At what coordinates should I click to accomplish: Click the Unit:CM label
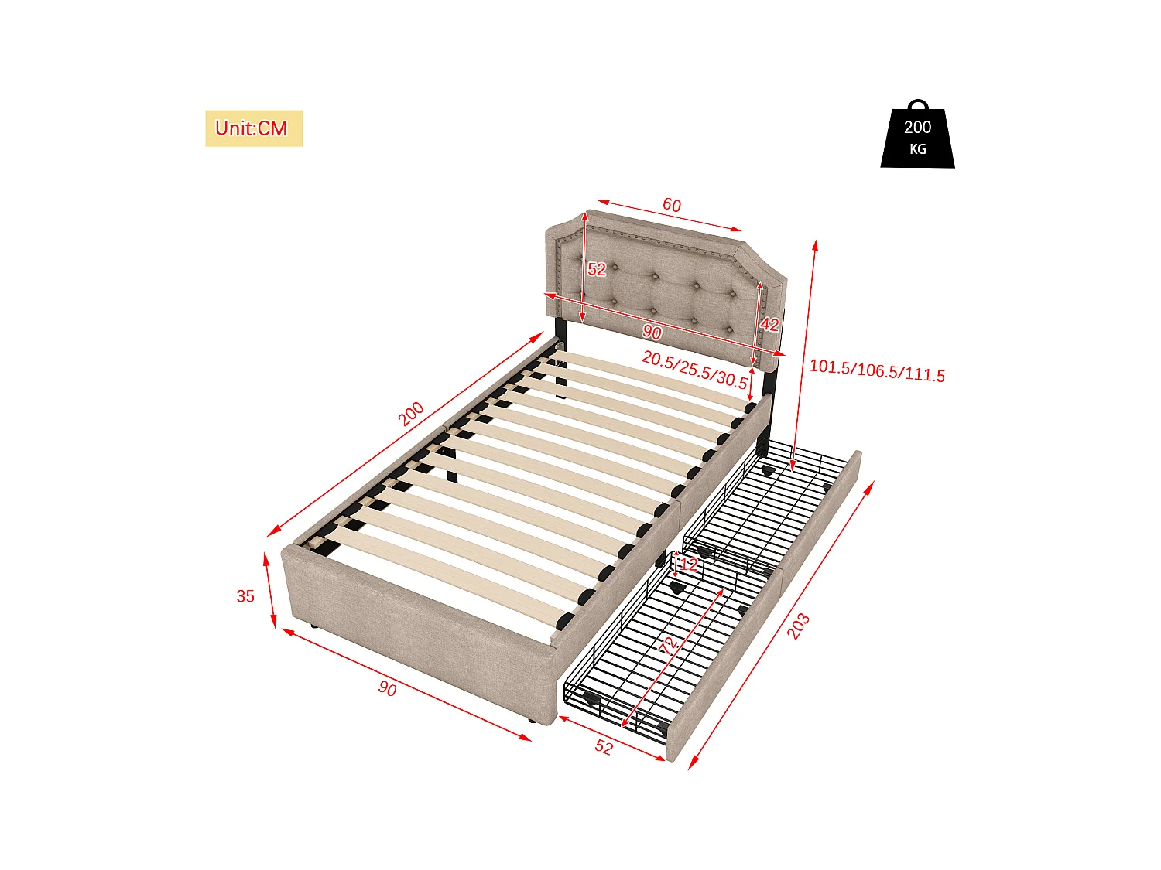pos(253,128)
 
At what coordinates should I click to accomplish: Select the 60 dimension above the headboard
pos(671,205)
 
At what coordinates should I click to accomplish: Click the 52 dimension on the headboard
pos(596,269)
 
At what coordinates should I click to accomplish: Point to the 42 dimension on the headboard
pos(769,324)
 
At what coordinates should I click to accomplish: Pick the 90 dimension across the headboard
pos(652,333)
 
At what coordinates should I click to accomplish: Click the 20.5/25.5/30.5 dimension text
pos(694,370)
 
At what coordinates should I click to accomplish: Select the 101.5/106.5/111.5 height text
pos(876,371)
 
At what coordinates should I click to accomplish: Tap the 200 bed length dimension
pos(410,414)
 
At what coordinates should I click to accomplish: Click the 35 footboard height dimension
pos(245,596)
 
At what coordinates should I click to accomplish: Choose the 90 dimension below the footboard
pos(387,687)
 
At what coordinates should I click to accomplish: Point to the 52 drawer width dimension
pos(604,747)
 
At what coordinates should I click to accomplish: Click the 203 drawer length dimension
pos(798,626)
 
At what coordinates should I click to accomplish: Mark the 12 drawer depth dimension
pos(688,565)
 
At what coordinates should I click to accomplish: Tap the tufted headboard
pos(666,286)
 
